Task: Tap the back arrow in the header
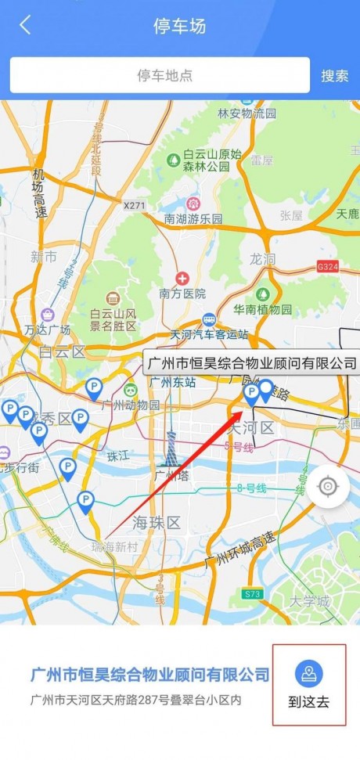(x=25, y=25)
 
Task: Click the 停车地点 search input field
(x=160, y=75)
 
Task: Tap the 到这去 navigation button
(x=308, y=684)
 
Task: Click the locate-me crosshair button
(x=327, y=487)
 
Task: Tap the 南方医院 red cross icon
(x=182, y=279)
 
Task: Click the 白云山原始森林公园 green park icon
(x=173, y=160)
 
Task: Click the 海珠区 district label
(x=157, y=522)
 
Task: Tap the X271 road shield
(x=135, y=205)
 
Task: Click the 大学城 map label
(x=309, y=602)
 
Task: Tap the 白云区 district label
(x=63, y=352)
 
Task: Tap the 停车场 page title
(x=179, y=26)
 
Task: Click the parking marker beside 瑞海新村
(x=85, y=500)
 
